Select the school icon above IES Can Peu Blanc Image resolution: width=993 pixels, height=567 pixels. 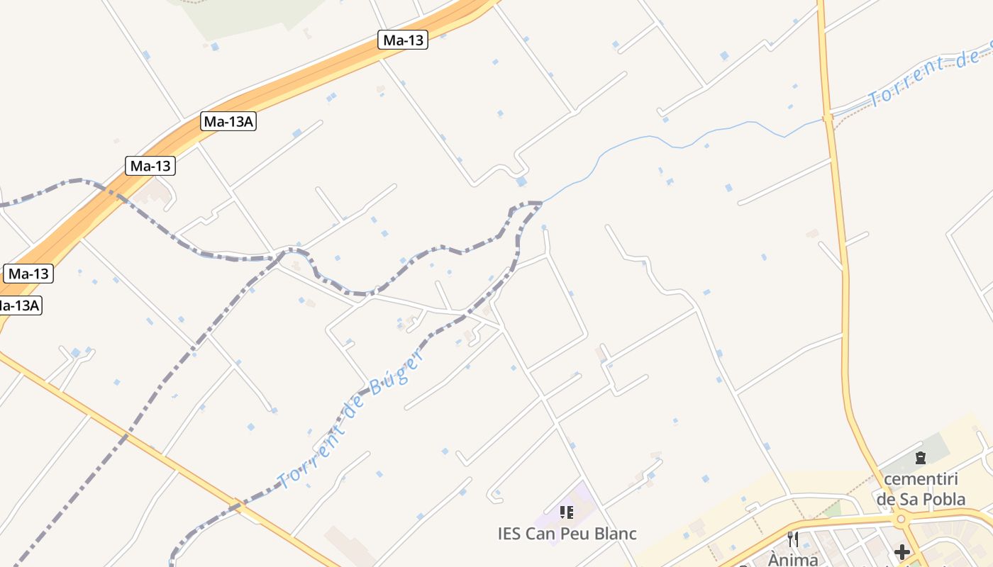(x=566, y=512)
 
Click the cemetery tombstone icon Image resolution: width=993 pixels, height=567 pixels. (x=921, y=458)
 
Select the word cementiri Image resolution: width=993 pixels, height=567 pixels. (x=921, y=479)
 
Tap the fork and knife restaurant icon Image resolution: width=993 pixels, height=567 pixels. (x=793, y=539)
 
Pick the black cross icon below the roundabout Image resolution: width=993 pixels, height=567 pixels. (x=902, y=551)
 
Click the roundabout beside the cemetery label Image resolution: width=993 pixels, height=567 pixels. (x=901, y=520)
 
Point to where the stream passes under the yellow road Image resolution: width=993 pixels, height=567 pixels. (x=827, y=118)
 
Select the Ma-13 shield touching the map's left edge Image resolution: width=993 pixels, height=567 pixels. (x=28, y=274)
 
